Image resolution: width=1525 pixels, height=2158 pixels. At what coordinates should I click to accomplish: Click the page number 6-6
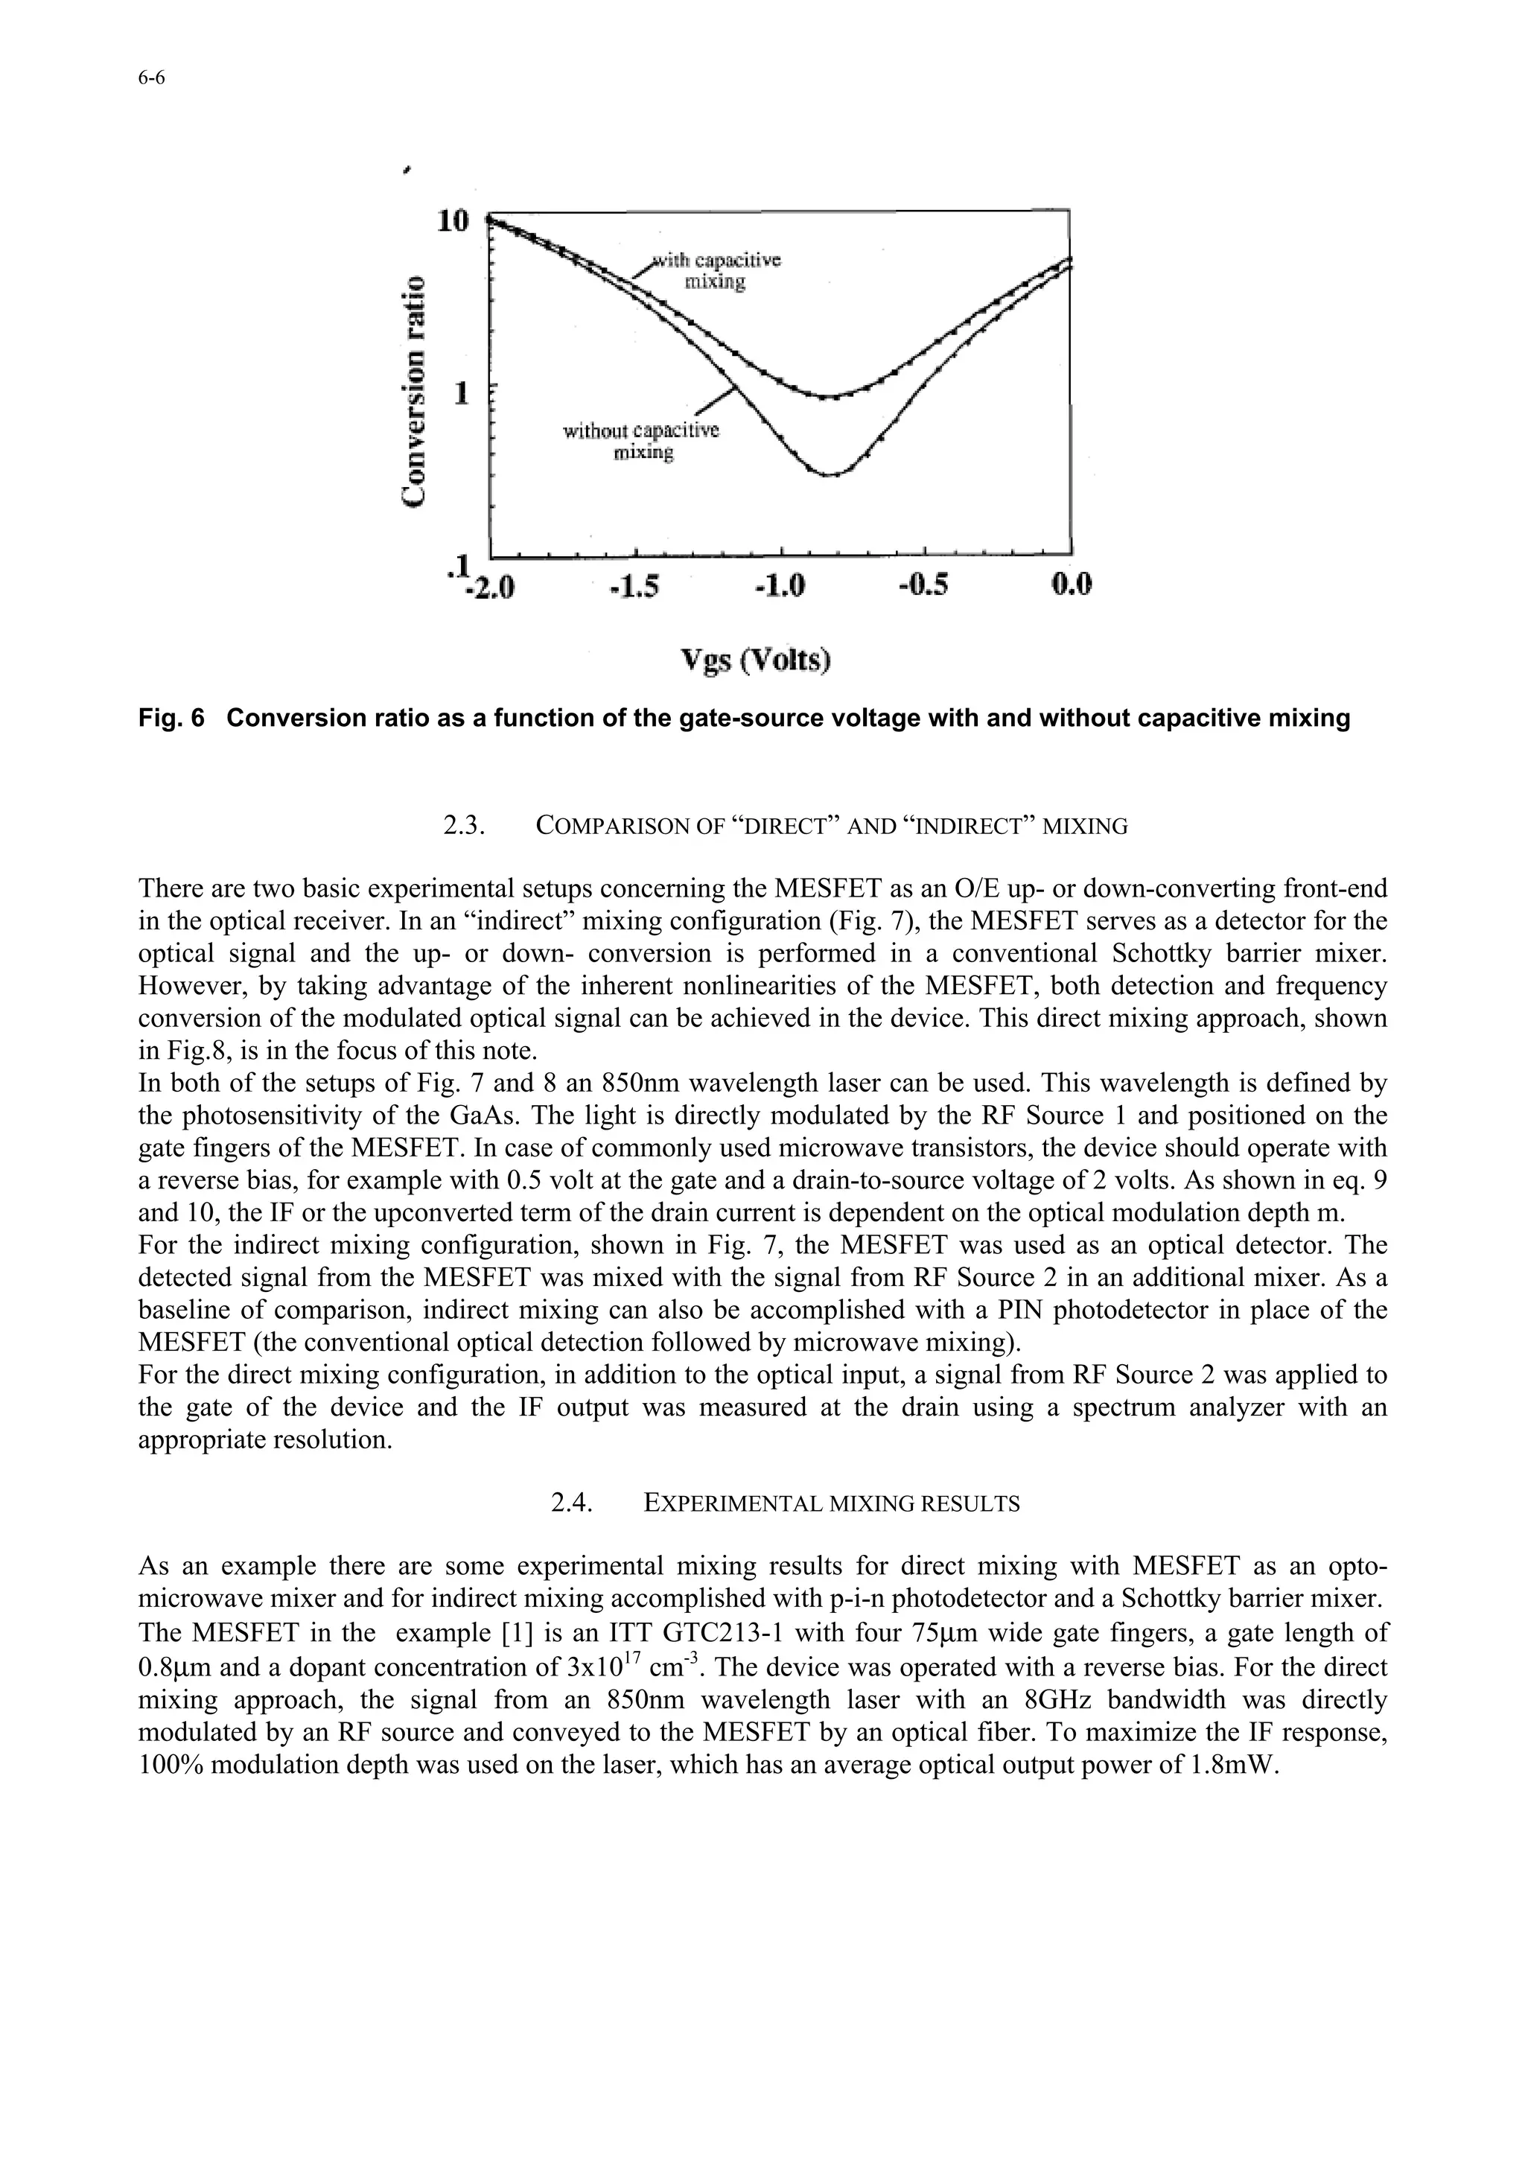(x=151, y=79)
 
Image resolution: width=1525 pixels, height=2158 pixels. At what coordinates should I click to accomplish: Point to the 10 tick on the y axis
(x=452, y=221)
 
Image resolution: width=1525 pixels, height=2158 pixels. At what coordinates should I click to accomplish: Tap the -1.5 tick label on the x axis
(x=635, y=587)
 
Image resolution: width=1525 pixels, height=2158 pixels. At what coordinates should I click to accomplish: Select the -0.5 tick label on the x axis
(x=923, y=587)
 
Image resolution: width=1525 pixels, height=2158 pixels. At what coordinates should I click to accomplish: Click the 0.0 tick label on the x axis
(x=1070, y=587)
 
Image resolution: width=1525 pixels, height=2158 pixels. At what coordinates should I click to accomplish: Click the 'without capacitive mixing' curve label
(x=641, y=442)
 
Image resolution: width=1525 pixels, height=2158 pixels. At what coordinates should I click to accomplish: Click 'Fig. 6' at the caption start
(x=171, y=719)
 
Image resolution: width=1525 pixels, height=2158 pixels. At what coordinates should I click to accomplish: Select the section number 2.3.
(x=463, y=826)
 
